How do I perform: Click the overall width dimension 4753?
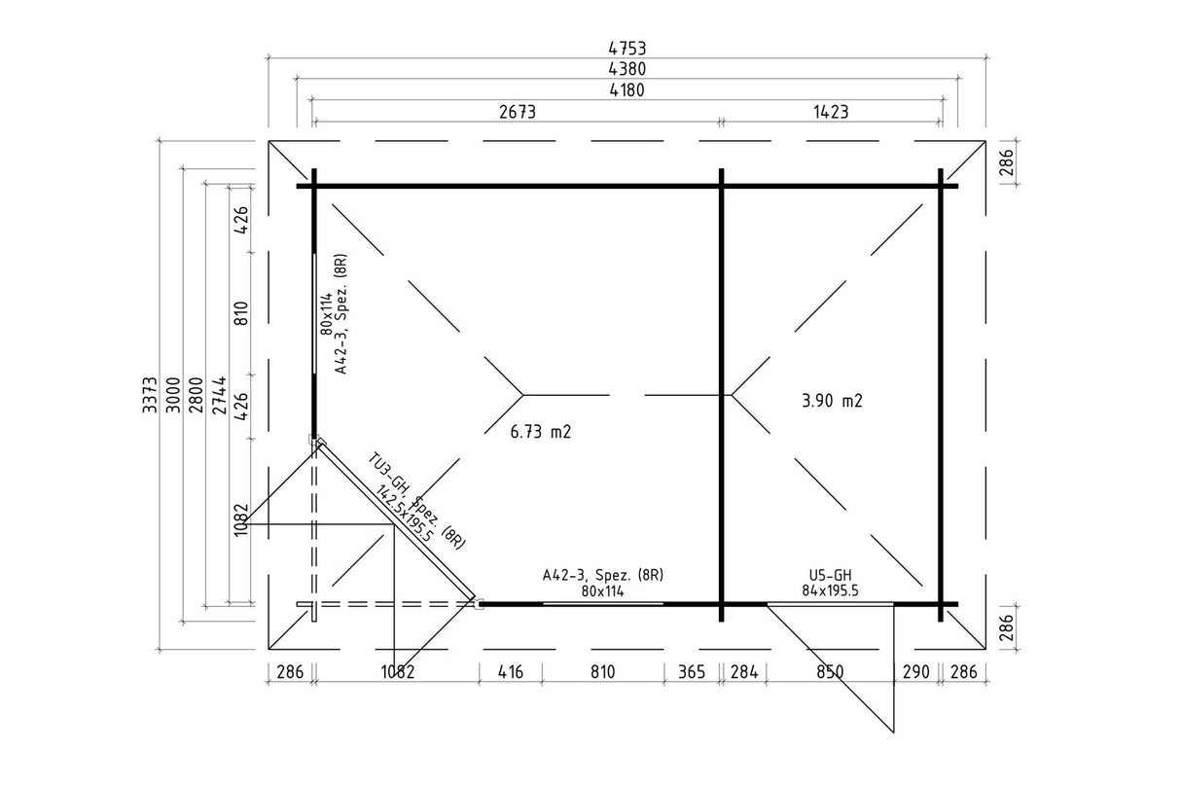626,49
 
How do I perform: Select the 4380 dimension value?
626,69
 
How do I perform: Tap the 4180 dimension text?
626,90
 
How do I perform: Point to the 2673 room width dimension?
518,112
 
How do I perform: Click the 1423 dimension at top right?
831,112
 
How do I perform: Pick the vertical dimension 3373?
150,395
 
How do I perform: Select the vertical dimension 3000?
173,395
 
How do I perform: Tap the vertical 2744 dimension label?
219,395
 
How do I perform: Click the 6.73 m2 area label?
541,432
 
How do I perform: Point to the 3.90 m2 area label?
832,401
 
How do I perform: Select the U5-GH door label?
831,575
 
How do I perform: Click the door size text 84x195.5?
831,590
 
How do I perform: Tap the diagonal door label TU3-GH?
388,473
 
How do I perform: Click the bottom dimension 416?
511,671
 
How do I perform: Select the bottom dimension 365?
692,671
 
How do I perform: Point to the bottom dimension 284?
744,671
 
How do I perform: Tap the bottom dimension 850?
830,671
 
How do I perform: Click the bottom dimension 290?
916,671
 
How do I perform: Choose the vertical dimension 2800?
196,395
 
